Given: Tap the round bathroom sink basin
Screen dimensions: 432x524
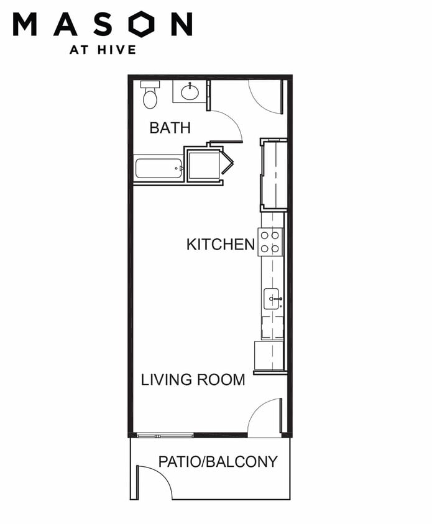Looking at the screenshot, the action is [x=190, y=91].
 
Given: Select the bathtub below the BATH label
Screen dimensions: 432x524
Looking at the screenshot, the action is [x=159, y=168].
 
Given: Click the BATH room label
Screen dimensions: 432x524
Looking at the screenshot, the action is [x=170, y=128].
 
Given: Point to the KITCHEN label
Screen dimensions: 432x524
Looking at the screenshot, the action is [x=221, y=244].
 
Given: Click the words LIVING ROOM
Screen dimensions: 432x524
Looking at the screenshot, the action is [x=193, y=379].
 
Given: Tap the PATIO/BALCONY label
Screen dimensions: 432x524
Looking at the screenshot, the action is [x=218, y=461].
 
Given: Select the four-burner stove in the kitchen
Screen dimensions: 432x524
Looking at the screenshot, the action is [x=270, y=242].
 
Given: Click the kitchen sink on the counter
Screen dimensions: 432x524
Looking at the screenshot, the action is [x=272, y=299].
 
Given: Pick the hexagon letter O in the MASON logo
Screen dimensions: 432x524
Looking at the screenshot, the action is [x=142, y=24].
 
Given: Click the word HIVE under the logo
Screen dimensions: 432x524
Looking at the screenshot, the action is [x=117, y=50].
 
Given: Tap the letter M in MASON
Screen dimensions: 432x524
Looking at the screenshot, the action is [x=25, y=24].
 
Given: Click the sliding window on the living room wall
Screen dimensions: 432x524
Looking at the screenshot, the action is [x=165, y=435].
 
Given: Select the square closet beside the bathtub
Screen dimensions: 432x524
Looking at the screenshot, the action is [x=203, y=165].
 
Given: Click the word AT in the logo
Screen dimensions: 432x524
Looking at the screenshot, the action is [x=79, y=50].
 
